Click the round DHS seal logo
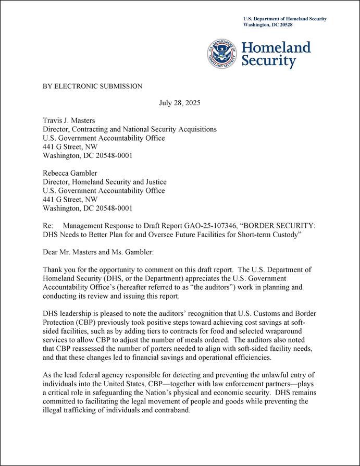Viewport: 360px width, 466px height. coord(222,54)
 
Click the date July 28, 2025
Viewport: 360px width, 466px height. coord(179,103)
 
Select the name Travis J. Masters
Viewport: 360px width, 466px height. coord(68,120)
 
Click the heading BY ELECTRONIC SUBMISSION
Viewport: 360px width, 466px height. coord(92,86)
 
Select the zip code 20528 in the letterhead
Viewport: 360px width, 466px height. coord(300,25)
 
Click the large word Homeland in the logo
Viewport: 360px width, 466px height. coord(276,48)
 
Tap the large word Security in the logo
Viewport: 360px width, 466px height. coord(268,62)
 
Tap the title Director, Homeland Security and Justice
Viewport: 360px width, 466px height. coord(104,182)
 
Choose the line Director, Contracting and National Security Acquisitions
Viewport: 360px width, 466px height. coord(129,129)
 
